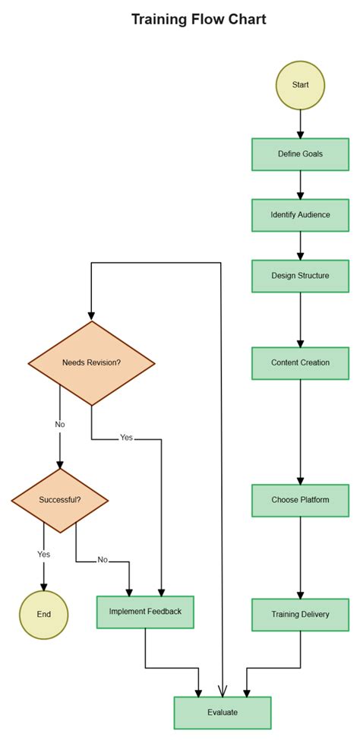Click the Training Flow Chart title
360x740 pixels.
point(198,20)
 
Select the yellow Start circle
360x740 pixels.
point(300,84)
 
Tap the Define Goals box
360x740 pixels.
point(300,153)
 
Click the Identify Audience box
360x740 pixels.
point(300,215)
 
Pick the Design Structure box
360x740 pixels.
point(300,276)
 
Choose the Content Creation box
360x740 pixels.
point(300,362)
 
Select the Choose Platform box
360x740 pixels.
point(300,500)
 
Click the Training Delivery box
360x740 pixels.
point(300,614)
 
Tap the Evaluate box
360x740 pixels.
point(223,713)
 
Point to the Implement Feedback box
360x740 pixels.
point(145,612)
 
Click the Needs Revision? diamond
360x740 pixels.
point(91,362)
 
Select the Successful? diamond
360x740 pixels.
point(60,500)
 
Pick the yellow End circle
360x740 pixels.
point(43,614)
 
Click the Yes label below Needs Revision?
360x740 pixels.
point(126,438)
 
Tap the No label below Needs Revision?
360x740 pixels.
point(60,424)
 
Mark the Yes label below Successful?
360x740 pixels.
point(43,554)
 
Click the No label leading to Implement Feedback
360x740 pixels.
point(103,560)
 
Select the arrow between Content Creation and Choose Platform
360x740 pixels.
point(300,433)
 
